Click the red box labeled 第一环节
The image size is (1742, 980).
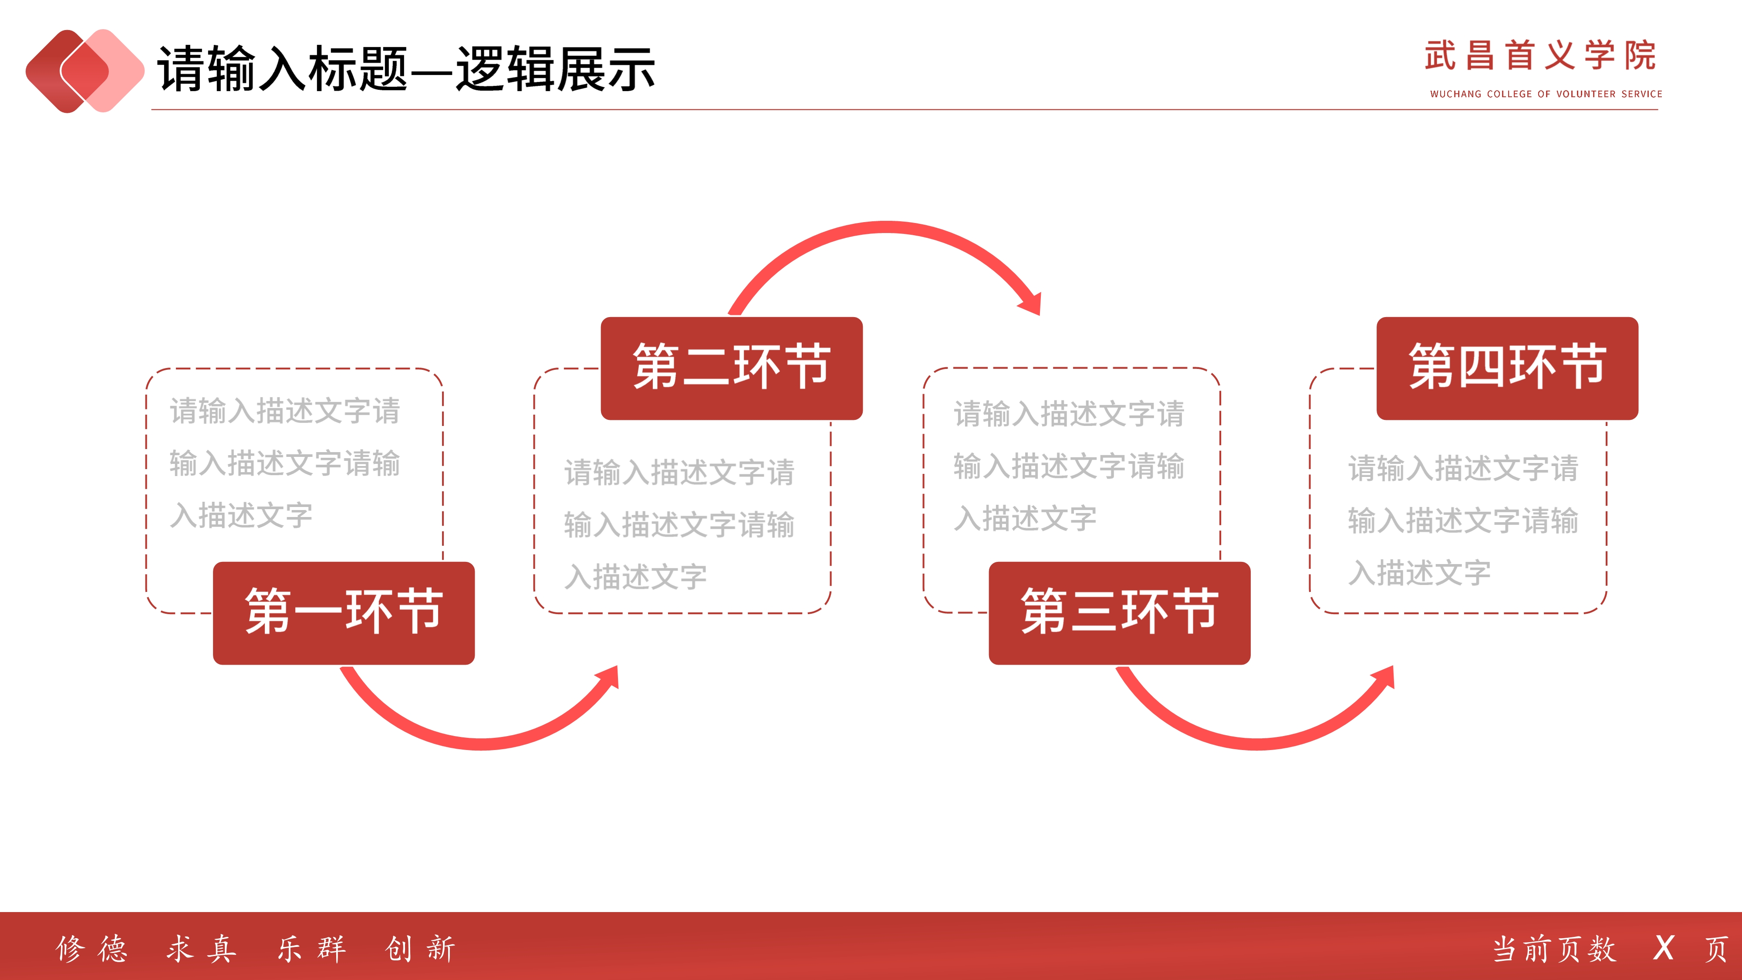click(344, 613)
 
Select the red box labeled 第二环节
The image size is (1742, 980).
click(732, 368)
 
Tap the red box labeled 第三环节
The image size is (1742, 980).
click(1119, 613)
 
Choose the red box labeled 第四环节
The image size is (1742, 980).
click(1507, 368)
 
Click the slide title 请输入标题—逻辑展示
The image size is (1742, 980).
click(406, 68)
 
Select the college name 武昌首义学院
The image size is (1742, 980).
click(1540, 55)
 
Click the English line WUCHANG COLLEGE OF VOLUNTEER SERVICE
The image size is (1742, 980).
click(1546, 94)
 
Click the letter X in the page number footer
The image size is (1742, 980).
click(1664, 948)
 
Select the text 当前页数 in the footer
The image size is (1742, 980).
click(1554, 949)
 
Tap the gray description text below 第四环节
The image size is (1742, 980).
click(1463, 520)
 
